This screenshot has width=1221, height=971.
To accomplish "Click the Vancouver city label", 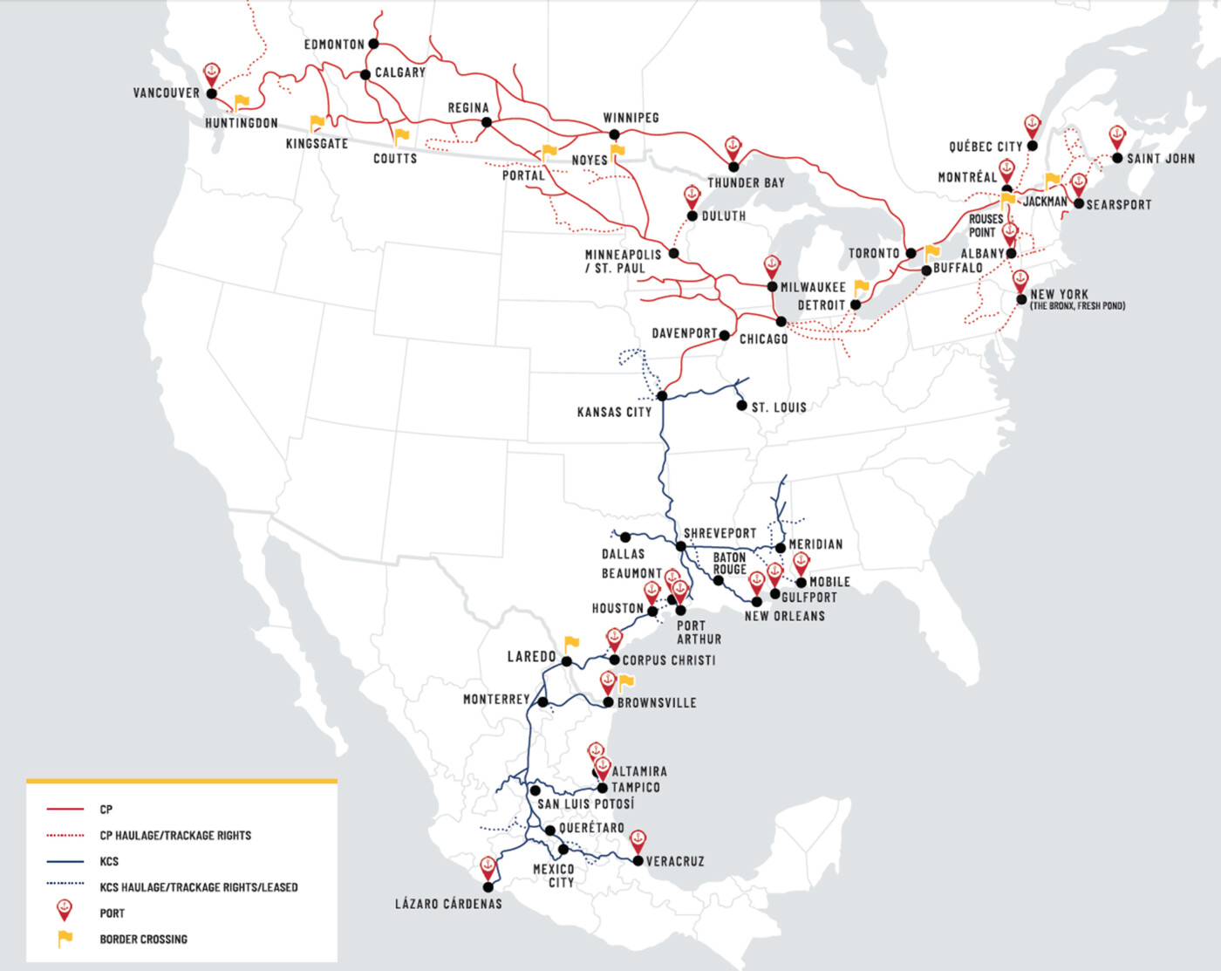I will point(166,92).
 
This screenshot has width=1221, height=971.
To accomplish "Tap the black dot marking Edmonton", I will point(373,44).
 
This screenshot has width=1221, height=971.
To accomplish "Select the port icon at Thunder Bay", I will point(733,147).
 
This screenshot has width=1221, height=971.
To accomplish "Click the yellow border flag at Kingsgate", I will point(317,124).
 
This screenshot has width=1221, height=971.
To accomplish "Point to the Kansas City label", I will point(614,412).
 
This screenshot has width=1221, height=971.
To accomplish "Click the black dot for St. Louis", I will point(741,406).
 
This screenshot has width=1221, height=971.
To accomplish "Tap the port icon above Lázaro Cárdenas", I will point(488,867).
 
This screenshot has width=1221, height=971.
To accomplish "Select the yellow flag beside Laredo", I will point(571,645).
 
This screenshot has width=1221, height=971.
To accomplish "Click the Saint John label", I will point(1160,158).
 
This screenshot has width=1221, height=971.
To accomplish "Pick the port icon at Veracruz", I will point(638,841).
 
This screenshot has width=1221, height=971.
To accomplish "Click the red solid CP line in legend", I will point(65,810).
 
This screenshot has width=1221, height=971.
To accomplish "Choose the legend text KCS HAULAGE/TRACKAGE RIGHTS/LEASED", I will point(198,887).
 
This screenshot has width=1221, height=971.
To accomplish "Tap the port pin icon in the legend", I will point(65,910).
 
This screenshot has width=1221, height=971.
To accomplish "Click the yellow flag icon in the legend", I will point(65,939).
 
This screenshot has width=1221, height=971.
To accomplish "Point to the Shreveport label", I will point(720,533).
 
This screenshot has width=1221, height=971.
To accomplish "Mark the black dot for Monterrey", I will point(542,702).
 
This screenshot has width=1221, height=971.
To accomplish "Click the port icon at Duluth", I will point(692,195).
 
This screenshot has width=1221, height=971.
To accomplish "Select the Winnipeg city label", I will point(631,118).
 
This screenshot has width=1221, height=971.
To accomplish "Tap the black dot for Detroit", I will point(856,304).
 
